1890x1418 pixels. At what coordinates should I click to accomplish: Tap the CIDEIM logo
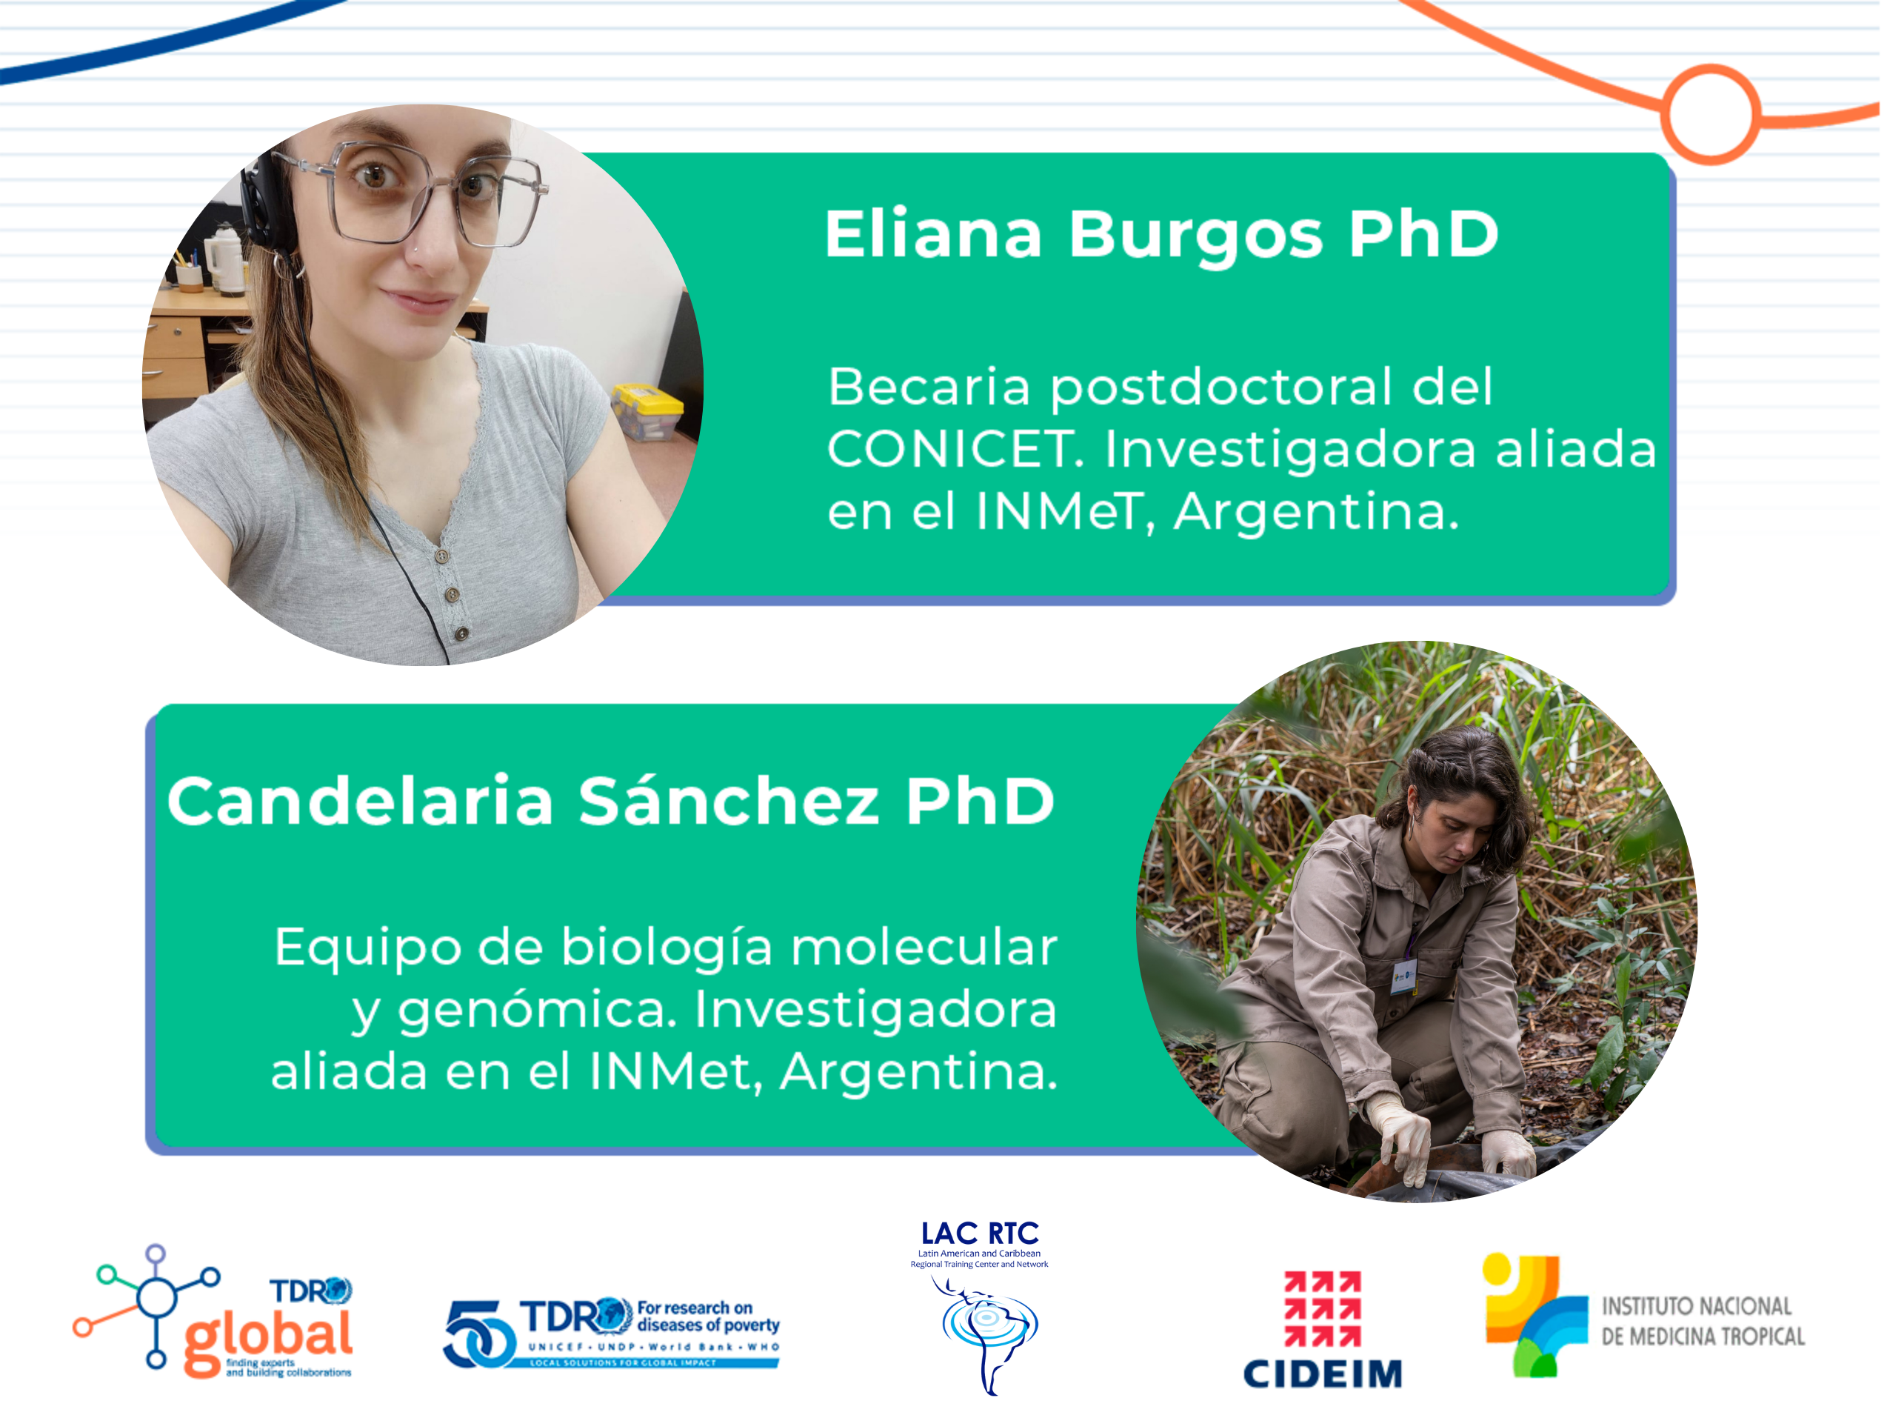tap(1323, 1329)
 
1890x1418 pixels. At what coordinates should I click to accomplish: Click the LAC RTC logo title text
tap(980, 1234)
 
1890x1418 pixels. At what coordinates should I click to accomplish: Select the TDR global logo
tap(213, 1312)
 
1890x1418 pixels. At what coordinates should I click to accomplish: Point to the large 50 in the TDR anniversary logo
tap(478, 1334)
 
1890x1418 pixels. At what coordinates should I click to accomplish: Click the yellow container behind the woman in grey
tap(647, 410)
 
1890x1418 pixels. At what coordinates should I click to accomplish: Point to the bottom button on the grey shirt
tap(461, 633)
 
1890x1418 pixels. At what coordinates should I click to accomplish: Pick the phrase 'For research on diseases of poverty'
tap(708, 1317)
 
